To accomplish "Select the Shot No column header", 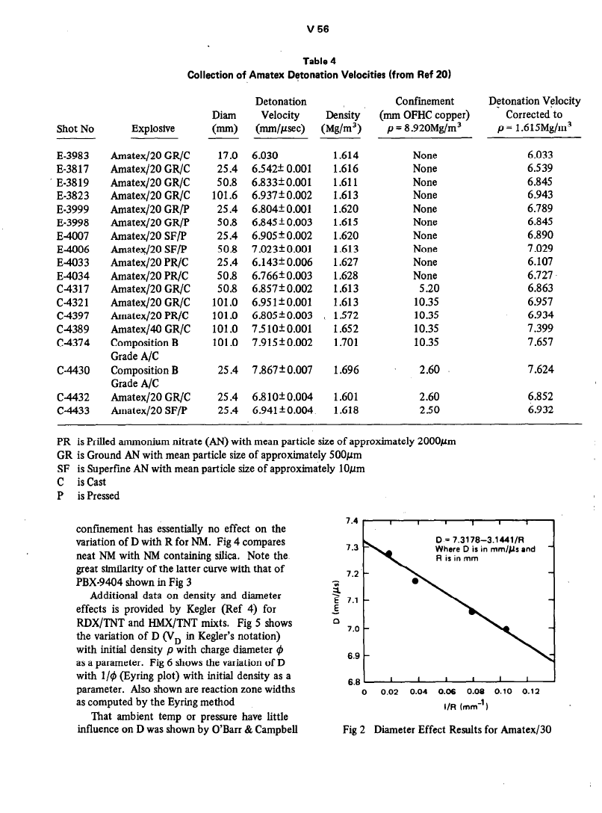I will click(x=75, y=129).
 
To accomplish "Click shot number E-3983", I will click(x=75, y=155).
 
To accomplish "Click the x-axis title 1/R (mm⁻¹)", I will click(x=456, y=708).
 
